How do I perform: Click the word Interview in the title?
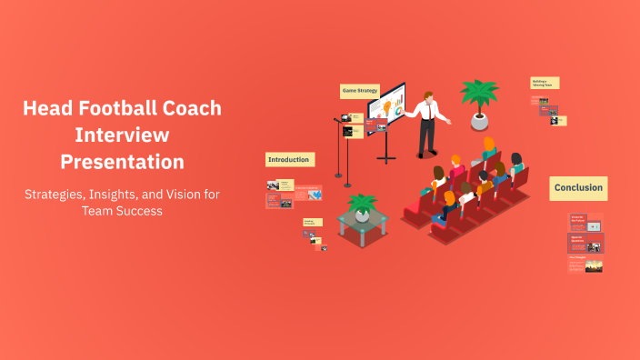[122, 135]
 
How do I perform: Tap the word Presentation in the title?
[122, 162]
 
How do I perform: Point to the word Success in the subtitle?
[138, 210]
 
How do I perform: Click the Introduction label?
[289, 159]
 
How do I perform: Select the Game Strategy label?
[360, 91]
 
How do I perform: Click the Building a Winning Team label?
[545, 83]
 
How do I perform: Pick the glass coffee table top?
[363, 219]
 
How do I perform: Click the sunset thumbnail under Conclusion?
[593, 266]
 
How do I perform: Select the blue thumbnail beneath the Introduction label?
[315, 194]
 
